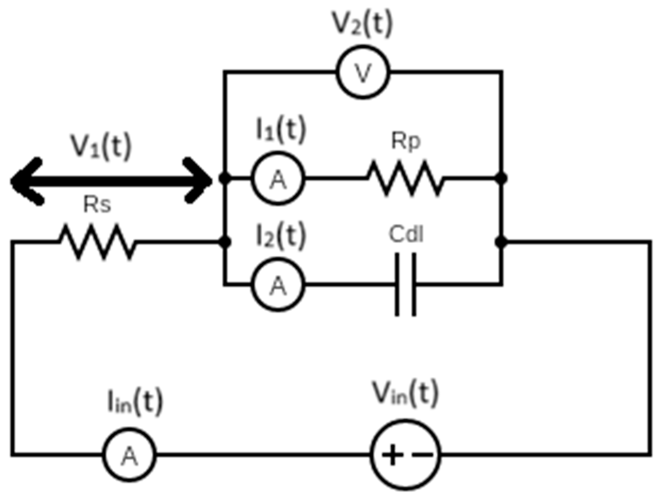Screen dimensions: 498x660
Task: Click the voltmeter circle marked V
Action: coord(363,72)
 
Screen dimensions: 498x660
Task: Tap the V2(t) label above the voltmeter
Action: coord(363,25)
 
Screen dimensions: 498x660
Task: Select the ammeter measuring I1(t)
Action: coord(278,178)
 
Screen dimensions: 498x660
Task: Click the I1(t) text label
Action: coord(281,130)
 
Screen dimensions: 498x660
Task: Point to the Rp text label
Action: coord(406,142)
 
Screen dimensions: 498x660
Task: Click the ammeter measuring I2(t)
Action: coord(278,285)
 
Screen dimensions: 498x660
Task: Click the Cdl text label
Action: coord(406,235)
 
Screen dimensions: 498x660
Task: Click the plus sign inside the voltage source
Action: coord(392,454)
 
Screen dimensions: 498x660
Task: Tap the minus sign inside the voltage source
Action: coord(423,454)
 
